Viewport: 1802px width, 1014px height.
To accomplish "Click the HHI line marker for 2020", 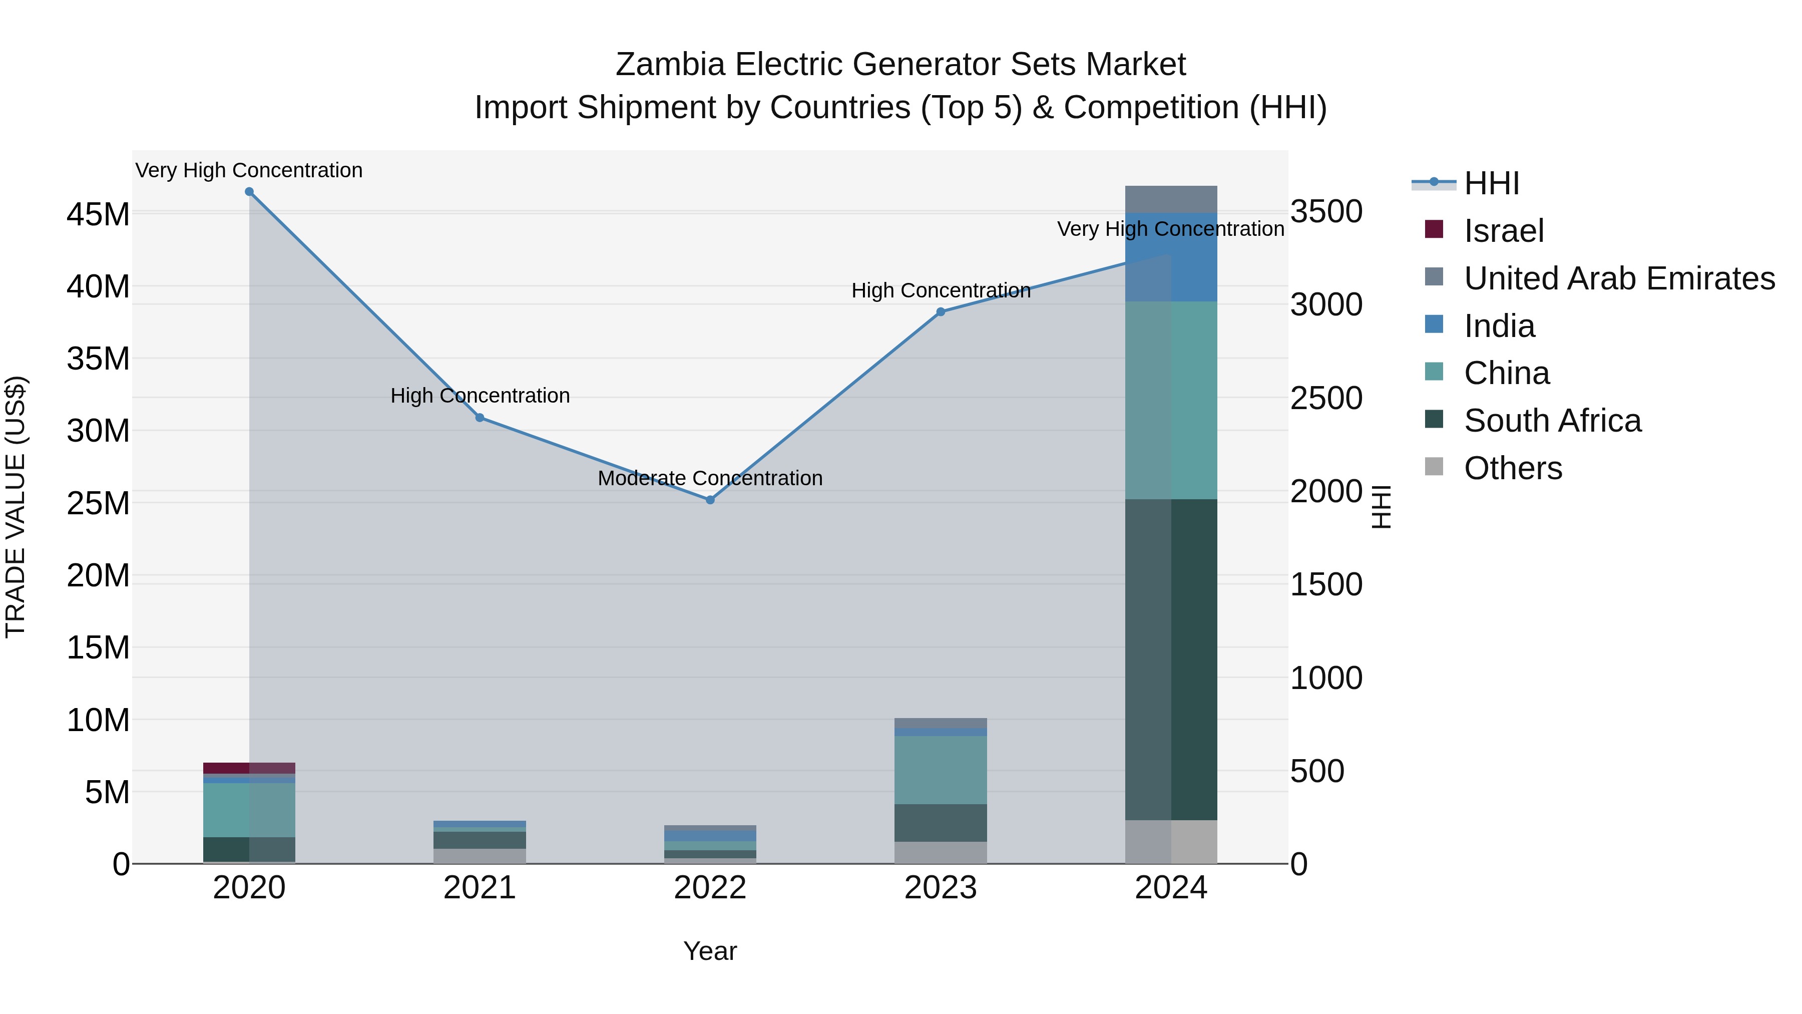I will [249, 192].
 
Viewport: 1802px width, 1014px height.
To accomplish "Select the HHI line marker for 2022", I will [710, 500].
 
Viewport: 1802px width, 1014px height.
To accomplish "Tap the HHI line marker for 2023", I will [941, 312].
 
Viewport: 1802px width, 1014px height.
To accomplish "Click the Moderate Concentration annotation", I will [710, 479].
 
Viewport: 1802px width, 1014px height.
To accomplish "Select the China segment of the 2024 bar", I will [1171, 400].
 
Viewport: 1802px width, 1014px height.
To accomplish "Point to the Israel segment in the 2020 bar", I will [249, 768].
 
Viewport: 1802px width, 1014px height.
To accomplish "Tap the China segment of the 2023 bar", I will [941, 770].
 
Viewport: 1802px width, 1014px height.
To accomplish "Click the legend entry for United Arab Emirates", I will [1619, 278].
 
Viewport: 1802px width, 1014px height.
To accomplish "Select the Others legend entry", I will [1512, 468].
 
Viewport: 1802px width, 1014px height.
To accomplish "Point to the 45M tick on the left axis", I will [98, 214].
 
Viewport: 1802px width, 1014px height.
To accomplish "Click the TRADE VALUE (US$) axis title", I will [16, 507].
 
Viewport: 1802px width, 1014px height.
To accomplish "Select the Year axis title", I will [710, 951].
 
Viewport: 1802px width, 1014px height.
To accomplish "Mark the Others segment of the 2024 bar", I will [1171, 842].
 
